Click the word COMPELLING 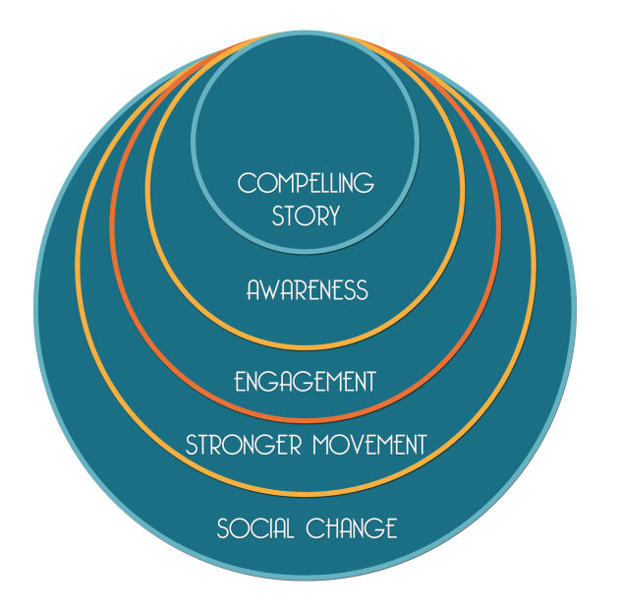pos(306,183)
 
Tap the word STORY pos(306,215)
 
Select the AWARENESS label pos(307,290)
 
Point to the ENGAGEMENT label pos(306,381)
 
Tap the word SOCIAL pos(254,528)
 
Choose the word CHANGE pos(352,528)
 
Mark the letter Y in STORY pos(333,215)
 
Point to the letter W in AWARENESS pos(266,290)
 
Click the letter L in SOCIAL pos(289,528)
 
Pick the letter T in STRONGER pos(203,445)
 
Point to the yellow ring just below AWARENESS pos(306,347)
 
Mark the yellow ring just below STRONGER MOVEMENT pos(306,492)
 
